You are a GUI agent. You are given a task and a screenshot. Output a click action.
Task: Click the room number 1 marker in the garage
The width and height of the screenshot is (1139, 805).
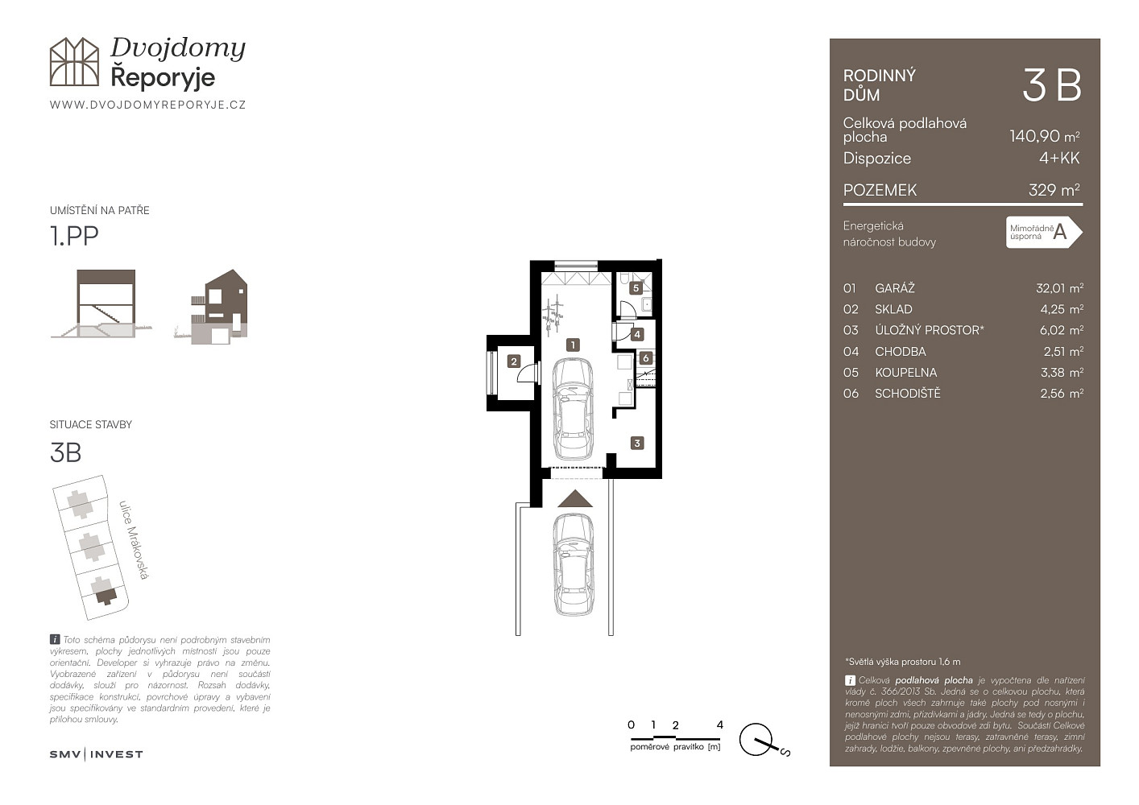(x=573, y=345)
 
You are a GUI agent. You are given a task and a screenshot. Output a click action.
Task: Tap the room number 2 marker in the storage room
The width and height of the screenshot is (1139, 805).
(x=514, y=361)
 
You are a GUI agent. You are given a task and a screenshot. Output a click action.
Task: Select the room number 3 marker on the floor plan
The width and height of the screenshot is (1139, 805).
(x=637, y=444)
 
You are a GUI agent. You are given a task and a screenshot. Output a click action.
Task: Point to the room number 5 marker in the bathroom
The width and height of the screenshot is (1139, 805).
(x=636, y=288)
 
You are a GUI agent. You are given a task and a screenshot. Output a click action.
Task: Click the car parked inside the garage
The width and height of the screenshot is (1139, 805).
(x=573, y=409)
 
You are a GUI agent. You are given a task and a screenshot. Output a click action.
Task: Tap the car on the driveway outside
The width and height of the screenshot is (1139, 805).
(x=573, y=564)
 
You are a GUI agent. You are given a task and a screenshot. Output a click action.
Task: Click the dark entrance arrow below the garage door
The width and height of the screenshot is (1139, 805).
(x=575, y=498)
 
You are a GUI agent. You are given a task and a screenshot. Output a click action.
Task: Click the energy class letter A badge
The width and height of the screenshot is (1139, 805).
(x=1044, y=233)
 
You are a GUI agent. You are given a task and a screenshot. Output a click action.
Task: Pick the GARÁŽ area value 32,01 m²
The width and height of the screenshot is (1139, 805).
(x=1060, y=288)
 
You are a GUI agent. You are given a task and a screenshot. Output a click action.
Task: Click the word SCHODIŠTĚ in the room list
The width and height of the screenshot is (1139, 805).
(x=908, y=394)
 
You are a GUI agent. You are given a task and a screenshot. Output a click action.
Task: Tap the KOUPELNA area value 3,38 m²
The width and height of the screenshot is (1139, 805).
(x=1062, y=373)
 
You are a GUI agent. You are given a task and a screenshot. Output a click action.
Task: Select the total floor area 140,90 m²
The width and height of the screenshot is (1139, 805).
(x=1045, y=136)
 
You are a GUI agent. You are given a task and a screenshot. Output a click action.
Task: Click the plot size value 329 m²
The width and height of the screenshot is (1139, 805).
(x=1054, y=190)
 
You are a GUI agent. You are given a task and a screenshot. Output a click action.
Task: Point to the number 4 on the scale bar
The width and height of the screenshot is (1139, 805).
(x=719, y=724)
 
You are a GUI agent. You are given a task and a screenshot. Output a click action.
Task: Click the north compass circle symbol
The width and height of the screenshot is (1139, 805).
(x=756, y=740)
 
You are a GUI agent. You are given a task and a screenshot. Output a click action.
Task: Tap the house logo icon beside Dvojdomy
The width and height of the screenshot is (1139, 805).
(x=74, y=61)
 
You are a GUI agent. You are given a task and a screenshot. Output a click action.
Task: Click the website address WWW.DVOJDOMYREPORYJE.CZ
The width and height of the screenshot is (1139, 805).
(x=148, y=105)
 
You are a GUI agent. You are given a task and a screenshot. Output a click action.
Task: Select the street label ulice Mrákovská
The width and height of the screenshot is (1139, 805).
(x=134, y=540)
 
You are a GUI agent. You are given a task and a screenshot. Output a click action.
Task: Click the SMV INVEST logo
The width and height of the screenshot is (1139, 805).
(x=96, y=754)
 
